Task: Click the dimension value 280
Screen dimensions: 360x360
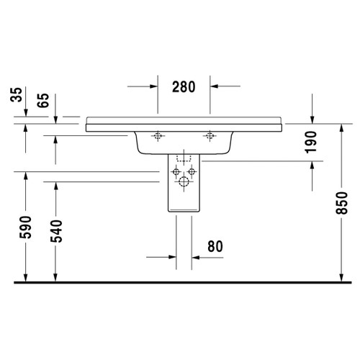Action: pyautogui.click(x=184, y=88)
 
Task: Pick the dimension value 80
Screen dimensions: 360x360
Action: pyautogui.click(x=215, y=246)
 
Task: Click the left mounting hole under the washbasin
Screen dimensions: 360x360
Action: pyautogui.click(x=157, y=135)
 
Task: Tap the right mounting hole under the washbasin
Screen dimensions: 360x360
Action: pyautogui.click(x=210, y=135)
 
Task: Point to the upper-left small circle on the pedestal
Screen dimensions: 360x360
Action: pyautogui.click(x=176, y=171)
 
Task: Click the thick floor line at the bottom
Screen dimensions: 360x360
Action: pyautogui.click(x=180, y=282)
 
